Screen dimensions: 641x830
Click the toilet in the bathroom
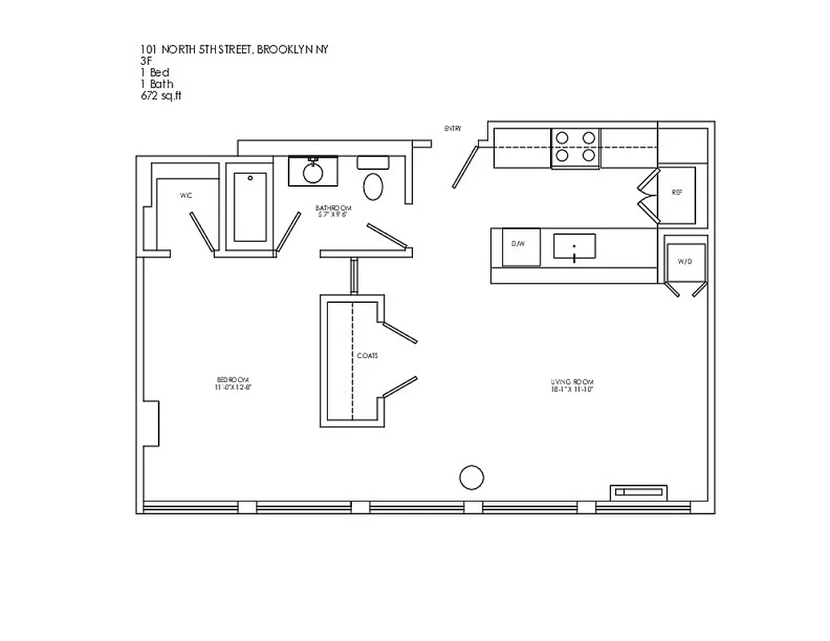click(373, 187)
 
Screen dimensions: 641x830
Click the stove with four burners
click(576, 148)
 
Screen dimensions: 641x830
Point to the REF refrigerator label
click(677, 194)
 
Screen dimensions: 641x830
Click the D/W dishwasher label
click(517, 243)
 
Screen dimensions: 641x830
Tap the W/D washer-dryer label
click(684, 261)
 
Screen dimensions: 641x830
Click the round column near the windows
click(472, 478)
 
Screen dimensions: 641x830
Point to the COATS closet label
click(367, 355)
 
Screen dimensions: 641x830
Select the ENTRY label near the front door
click(452, 128)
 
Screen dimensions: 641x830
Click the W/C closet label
click(186, 195)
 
